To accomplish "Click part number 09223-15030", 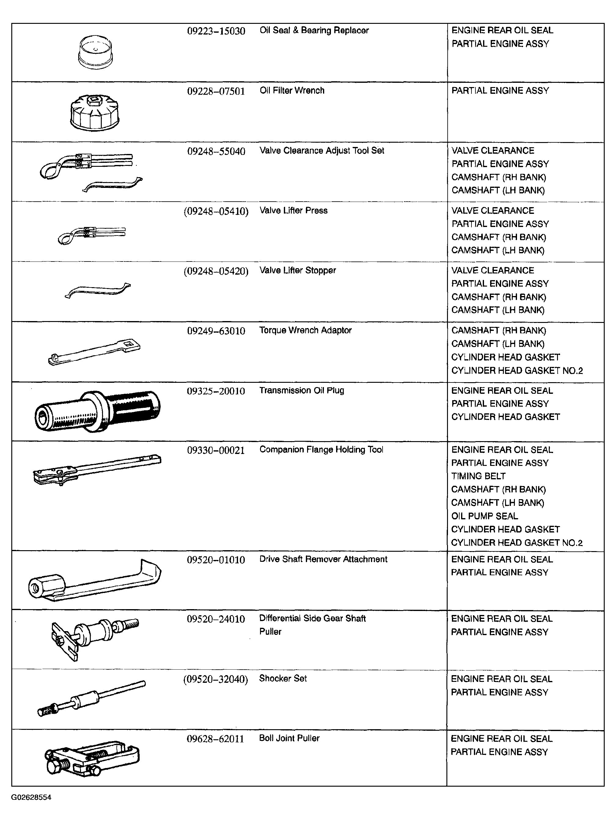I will pos(216,31).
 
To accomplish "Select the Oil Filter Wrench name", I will pos(292,90).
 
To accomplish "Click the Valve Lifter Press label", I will pos(293,210).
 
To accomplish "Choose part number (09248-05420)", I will pos(216,271).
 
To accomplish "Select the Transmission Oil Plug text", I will pos(302,390).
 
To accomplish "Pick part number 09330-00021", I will pos(216,451).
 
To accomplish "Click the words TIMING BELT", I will pos(478,476).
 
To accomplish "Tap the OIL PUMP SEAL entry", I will pos(484,516).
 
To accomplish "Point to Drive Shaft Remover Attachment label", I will pos(323,559).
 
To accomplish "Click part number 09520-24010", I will pos(216,620).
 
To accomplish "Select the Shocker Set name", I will pos(283,679).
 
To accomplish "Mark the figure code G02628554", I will pos(31,797).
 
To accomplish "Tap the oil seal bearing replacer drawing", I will pos(95,53).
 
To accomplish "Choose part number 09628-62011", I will pos(215,739).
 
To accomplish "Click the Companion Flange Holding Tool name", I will pos(321,450).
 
